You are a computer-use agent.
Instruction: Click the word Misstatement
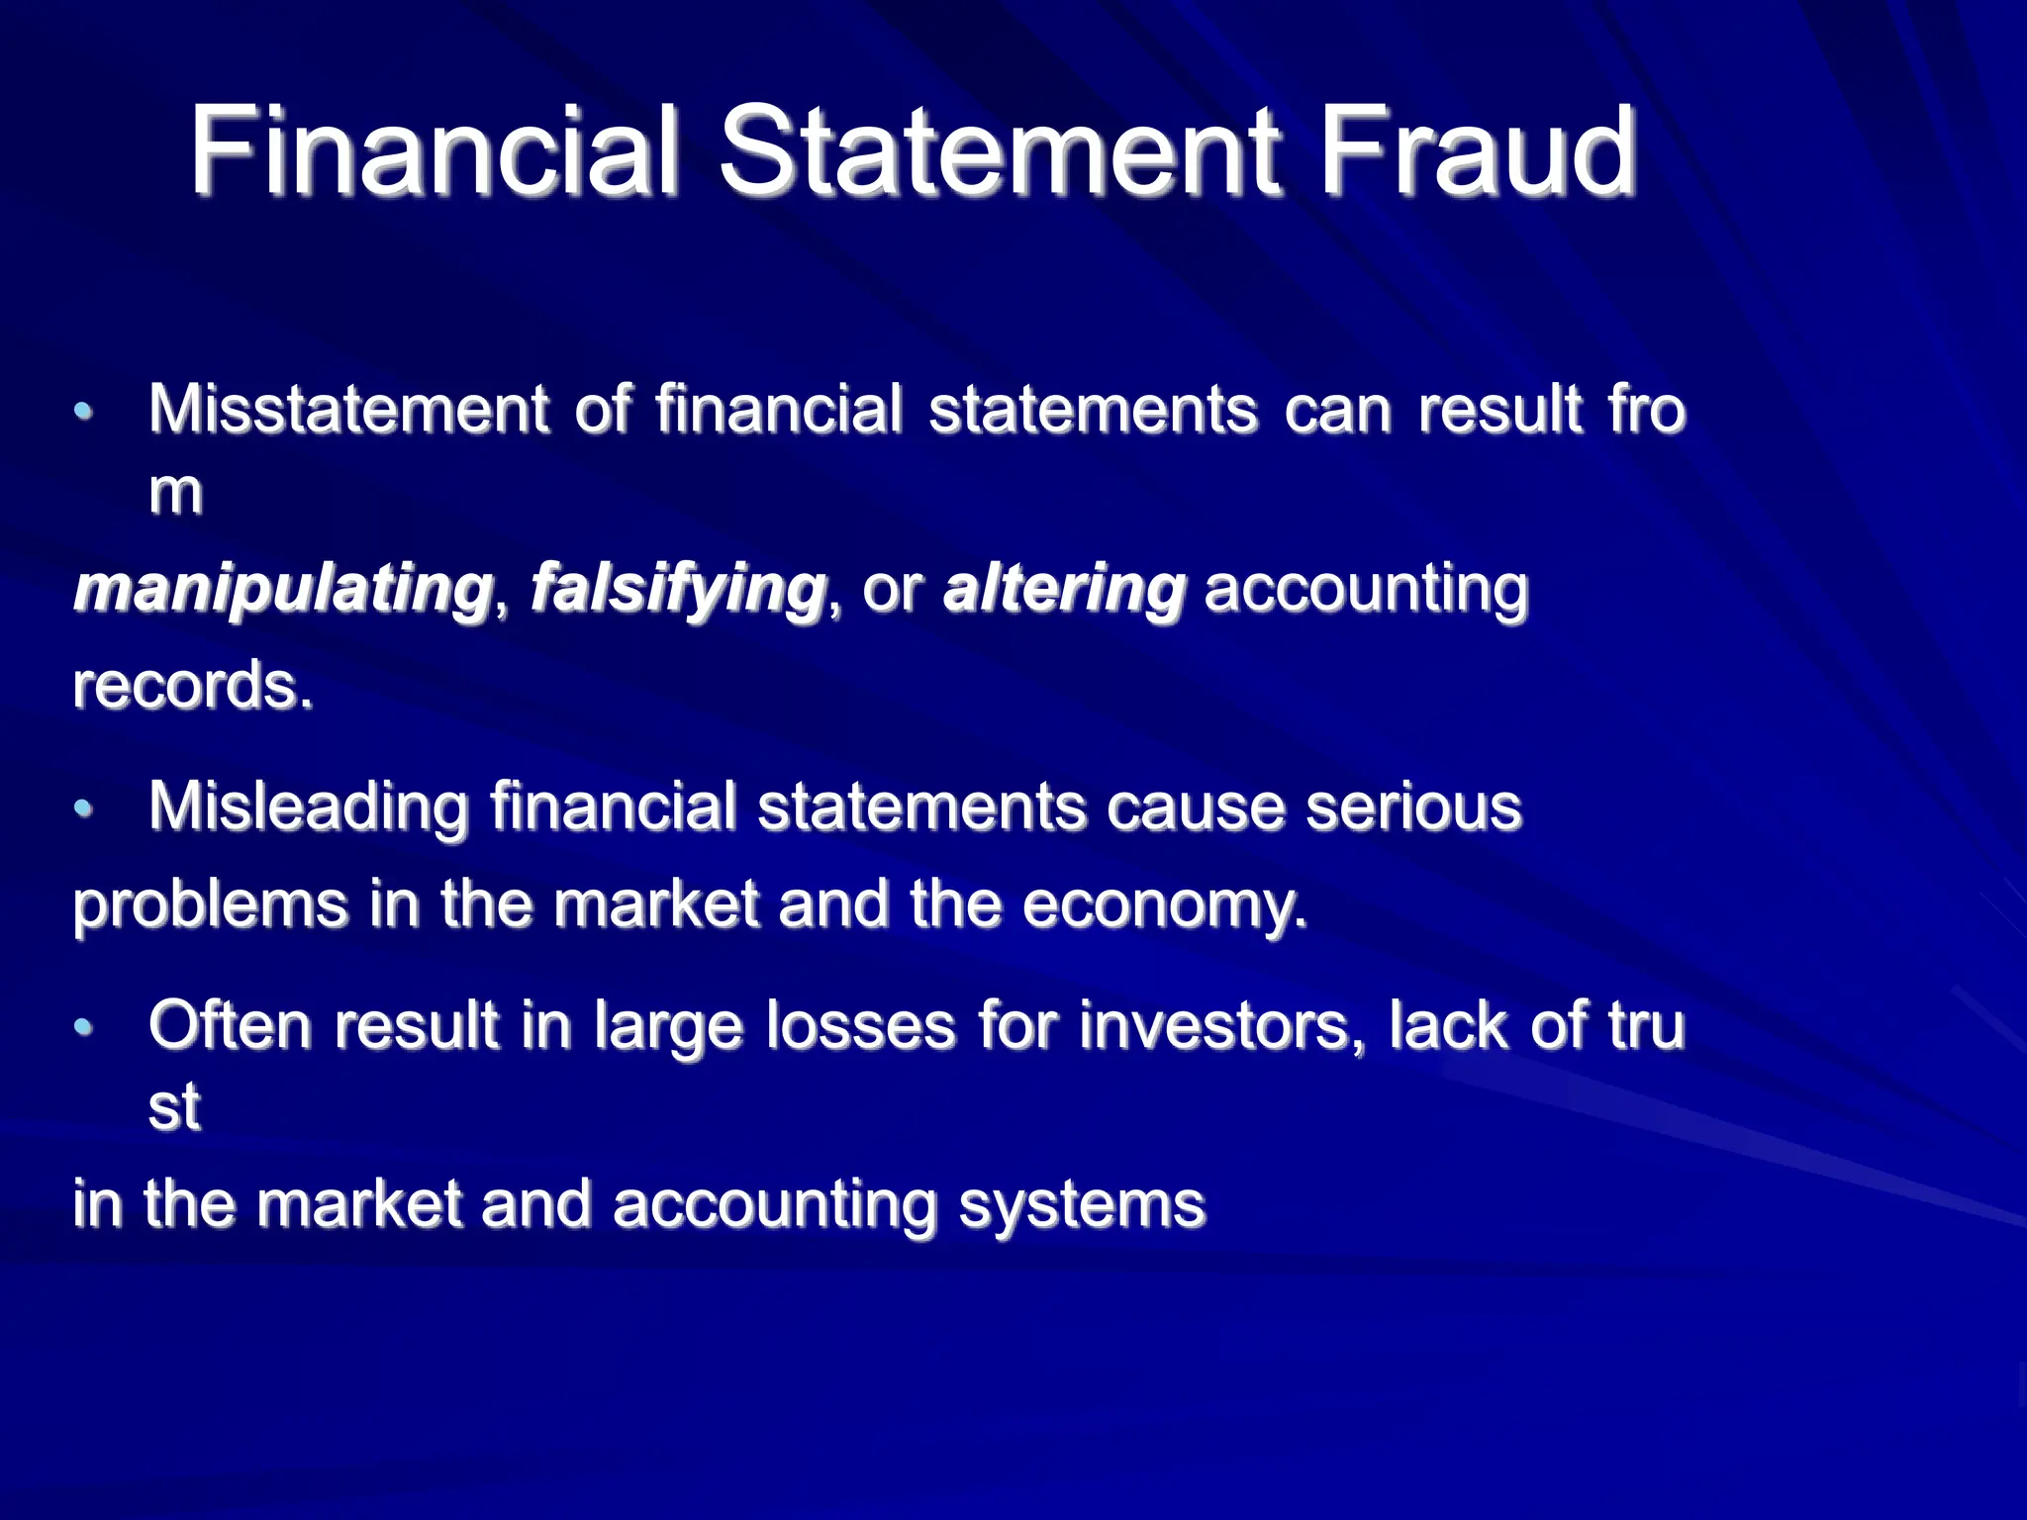348,409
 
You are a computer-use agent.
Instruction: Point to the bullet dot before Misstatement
84,412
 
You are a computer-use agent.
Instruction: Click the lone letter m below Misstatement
175,492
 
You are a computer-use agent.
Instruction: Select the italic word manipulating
283,589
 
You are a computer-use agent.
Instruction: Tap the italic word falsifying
678,589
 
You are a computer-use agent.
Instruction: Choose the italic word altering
1064,589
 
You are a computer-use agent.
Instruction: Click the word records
193,685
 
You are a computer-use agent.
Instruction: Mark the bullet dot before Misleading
84,808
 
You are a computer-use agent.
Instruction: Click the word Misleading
308,807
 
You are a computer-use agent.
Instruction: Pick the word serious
1413,807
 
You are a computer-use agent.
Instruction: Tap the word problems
211,905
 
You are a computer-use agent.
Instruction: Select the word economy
1164,905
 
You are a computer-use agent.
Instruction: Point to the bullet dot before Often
84,1027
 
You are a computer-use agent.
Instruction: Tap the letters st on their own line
174,1107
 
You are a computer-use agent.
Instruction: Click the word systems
1082,1205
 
